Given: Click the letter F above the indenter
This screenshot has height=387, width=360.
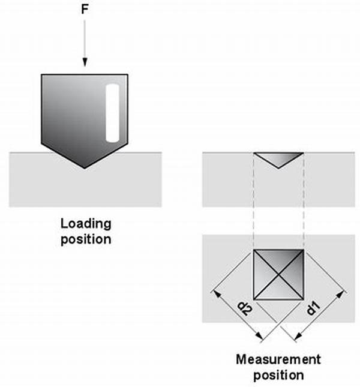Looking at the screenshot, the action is click(x=85, y=10).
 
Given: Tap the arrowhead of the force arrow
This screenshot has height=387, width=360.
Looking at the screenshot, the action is click(x=85, y=62).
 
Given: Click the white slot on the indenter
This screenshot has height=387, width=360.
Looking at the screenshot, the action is click(x=113, y=113).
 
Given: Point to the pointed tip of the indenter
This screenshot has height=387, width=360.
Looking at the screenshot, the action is click(x=85, y=169).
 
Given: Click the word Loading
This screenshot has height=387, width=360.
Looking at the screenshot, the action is click(x=86, y=224).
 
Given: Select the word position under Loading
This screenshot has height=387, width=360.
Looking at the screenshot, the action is click(x=86, y=239).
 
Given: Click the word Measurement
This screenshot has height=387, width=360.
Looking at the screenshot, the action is click(x=278, y=359).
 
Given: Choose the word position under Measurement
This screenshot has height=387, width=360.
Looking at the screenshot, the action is click(x=278, y=375).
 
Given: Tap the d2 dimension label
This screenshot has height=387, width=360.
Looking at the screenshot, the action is click(x=245, y=308).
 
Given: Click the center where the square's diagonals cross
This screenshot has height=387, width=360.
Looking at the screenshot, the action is click(x=278, y=274).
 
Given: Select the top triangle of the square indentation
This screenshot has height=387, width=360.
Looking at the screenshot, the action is click(x=278, y=259).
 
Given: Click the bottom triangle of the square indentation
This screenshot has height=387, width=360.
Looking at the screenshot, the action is click(x=278, y=291).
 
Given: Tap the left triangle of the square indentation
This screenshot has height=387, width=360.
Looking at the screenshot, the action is click(x=262, y=274).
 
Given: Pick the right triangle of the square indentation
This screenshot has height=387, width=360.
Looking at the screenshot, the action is click(x=295, y=274).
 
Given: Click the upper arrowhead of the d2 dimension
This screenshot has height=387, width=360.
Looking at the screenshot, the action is click(x=217, y=294).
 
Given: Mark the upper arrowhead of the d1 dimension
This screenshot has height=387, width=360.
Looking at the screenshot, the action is click(x=340, y=295).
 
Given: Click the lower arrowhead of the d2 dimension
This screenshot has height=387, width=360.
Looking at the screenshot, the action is click(x=259, y=336).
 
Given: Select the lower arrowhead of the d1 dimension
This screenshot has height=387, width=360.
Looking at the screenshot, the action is click(x=298, y=336).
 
